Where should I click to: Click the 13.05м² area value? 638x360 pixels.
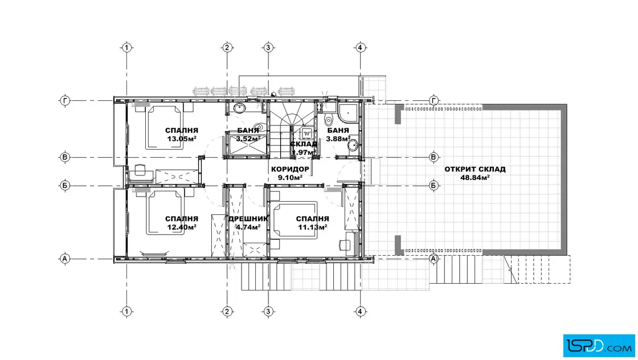point(182,139)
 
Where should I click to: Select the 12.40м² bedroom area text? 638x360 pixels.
point(182,227)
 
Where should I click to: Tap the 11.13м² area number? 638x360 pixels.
point(313,227)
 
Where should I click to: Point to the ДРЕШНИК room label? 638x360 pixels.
point(248,219)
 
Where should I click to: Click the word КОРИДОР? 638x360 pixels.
point(290,169)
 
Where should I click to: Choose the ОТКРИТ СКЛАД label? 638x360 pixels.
point(475,169)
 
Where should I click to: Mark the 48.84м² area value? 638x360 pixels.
point(475,178)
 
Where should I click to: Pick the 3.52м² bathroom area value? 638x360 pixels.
point(248,139)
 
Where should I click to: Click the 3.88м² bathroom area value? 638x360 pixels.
point(338,139)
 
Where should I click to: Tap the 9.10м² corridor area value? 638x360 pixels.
point(290,178)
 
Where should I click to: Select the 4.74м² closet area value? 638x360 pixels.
point(248,227)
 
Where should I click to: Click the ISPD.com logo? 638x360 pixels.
point(599,346)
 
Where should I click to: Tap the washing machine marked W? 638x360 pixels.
point(307,133)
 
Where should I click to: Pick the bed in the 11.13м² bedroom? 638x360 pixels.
point(295,219)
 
